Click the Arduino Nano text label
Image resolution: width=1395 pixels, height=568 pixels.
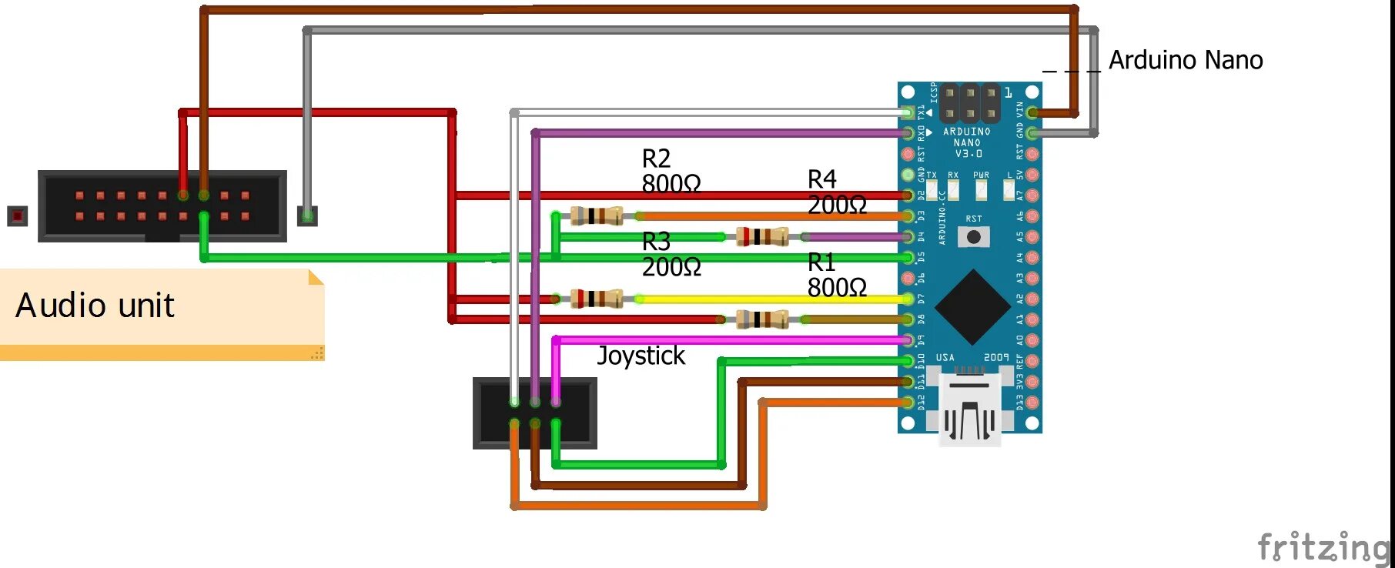tap(1185, 60)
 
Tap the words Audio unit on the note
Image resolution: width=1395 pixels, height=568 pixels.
tap(95, 306)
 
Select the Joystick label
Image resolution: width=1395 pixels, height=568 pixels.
tap(641, 356)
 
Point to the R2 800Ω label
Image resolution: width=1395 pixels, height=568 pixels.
tap(671, 171)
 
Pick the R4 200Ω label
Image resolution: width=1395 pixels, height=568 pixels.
tap(836, 192)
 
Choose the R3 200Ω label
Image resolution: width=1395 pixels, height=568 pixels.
tap(671, 254)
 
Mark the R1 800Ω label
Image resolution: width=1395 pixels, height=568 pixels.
tap(836, 275)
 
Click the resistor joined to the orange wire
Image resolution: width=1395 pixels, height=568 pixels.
tap(596, 216)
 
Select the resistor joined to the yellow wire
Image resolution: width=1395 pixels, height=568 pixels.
tap(596, 298)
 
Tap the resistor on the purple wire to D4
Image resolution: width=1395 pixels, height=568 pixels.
tap(761, 236)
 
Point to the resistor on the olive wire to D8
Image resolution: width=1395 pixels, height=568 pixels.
tap(761, 319)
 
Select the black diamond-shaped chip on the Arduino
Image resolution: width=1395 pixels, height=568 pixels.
tap(973, 306)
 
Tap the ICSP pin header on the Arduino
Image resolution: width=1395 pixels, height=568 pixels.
tap(970, 103)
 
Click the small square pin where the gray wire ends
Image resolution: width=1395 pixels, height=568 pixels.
tap(307, 216)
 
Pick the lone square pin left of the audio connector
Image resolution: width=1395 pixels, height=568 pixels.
tap(17, 216)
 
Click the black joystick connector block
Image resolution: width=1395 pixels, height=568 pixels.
tap(534, 413)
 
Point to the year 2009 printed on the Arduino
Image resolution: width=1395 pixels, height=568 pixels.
tap(995, 358)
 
